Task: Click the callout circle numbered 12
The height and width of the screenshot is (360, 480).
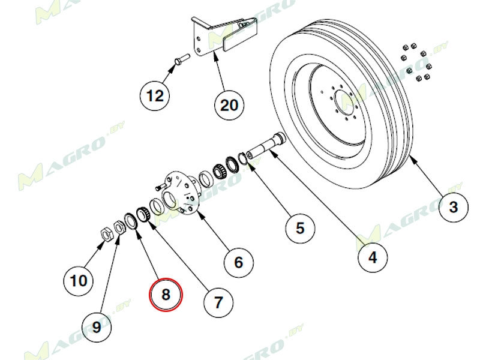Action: tap(155, 95)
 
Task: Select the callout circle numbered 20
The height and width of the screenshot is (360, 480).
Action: tap(229, 105)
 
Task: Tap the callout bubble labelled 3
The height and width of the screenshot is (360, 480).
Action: tap(454, 208)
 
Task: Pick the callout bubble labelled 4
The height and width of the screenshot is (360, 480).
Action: tap(373, 258)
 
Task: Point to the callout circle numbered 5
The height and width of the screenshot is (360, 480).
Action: tap(300, 227)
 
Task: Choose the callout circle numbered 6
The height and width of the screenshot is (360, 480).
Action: tap(238, 262)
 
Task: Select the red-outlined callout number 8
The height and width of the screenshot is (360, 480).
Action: tap(166, 295)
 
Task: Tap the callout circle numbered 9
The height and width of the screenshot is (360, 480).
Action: tap(96, 328)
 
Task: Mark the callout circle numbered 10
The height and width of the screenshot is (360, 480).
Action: tap(79, 280)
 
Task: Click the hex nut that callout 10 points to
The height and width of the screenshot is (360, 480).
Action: tap(104, 233)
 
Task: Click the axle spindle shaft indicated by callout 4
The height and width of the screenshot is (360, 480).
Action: tap(264, 146)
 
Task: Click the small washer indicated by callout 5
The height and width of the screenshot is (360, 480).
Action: tap(244, 157)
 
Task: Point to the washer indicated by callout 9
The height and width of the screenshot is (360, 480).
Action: tap(119, 226)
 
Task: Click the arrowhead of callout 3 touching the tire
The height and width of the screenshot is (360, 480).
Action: tap(412, 157)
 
